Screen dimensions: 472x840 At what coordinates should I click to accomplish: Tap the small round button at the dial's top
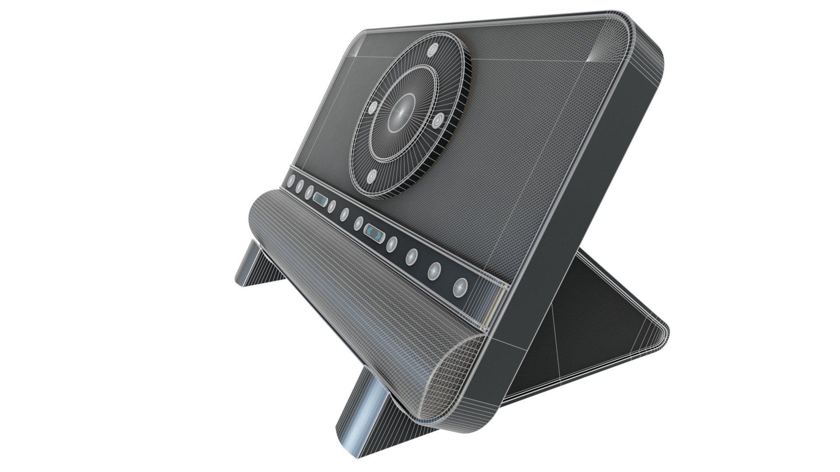point(432,50)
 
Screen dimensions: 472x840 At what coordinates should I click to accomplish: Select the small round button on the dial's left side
point(373,108)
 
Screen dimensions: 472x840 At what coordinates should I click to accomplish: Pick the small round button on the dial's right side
point(437,121)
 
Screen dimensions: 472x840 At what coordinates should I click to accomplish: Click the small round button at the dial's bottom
point(372,176)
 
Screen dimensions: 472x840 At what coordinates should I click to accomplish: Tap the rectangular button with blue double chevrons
point(374,233)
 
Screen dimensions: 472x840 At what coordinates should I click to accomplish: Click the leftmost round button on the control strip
point(291,180)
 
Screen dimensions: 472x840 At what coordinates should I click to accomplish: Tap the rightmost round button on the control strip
point(459,287)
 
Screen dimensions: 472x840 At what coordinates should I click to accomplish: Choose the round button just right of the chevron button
point(392,245)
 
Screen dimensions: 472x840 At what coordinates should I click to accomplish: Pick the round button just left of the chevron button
point(359,223)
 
